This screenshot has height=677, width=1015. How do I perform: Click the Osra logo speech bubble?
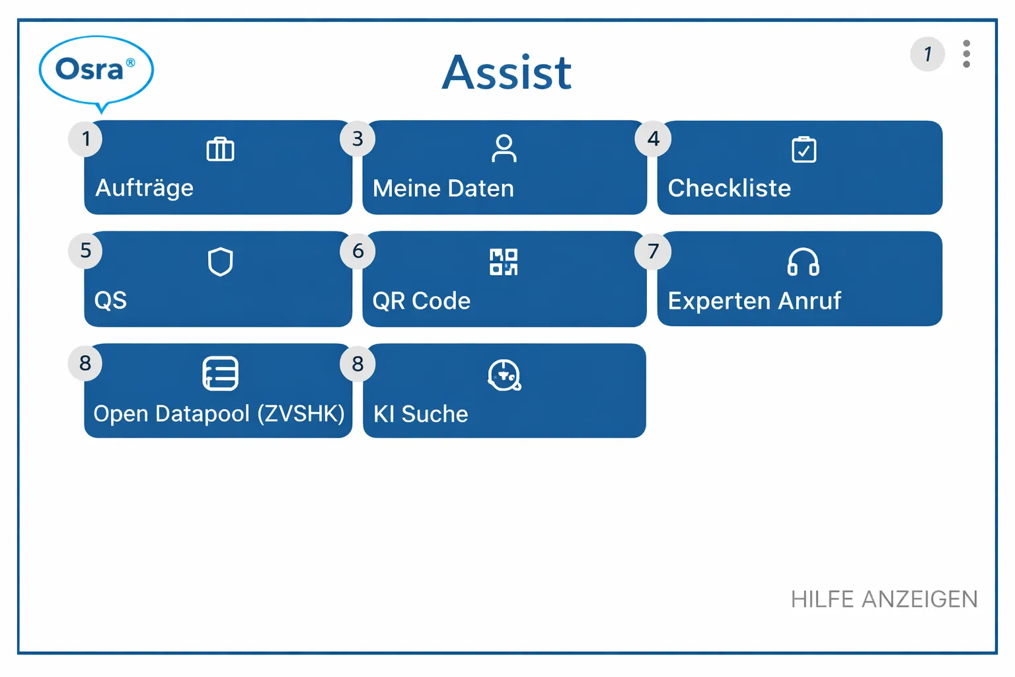click(x=96, y=70)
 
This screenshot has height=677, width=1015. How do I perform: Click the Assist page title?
click(x=507, y=73)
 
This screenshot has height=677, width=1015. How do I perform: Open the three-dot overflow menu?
click(x=966, y=54)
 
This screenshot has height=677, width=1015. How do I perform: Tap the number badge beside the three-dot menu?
click(x=927, y=54)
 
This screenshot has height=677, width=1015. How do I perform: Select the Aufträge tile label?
click(x=145, y=188)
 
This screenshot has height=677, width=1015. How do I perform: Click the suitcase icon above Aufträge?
click(x=220, y=149)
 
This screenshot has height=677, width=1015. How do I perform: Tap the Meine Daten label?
click(x=443, y=189)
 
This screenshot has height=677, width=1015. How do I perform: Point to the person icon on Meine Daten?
click(x=504, y=149)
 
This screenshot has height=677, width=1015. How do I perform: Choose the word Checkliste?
click(x=729, y=188)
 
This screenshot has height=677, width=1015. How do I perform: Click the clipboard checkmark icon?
click(x=804, y=149)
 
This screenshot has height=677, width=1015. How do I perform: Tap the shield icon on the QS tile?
click(x=220, y=262)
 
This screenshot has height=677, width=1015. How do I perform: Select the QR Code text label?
click(x=421, y=301)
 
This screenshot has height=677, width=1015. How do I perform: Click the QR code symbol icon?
click(x=504, y=262)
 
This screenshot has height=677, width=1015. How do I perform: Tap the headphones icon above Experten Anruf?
click(x=803, y=262)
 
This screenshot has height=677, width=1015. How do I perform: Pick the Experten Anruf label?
click(x=754, y=301)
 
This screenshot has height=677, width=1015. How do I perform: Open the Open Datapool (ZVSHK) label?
click(x=219, y=414)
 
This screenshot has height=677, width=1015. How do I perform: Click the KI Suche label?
click(x=420, y=415)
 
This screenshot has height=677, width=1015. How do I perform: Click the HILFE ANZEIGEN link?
click(x=883, y=600)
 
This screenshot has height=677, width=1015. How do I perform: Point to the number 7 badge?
click(x=653, y=251)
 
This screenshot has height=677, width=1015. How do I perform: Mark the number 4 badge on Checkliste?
click(x=653, y=139)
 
